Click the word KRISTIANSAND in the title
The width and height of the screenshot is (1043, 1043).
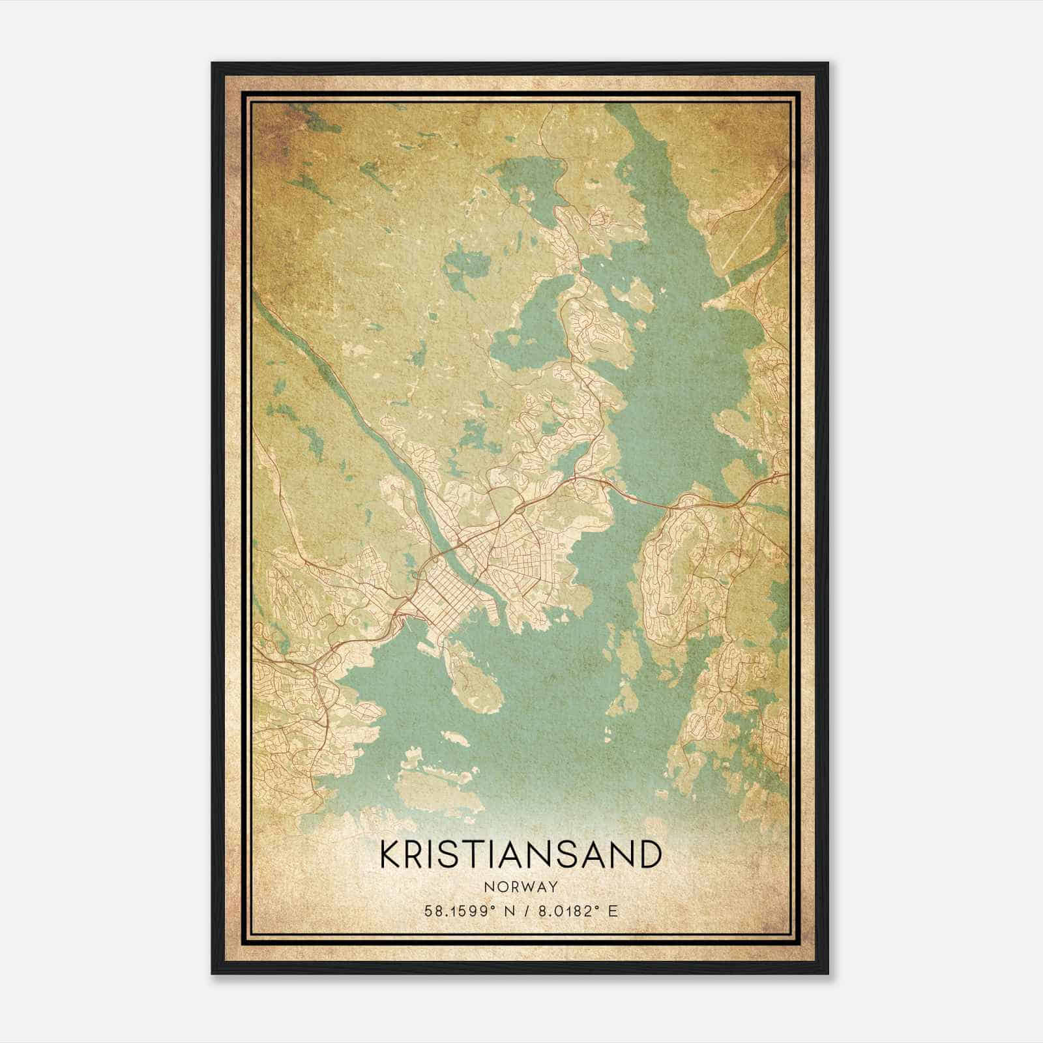tap(520, 855)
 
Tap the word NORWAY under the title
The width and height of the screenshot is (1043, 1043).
tap(520, 887)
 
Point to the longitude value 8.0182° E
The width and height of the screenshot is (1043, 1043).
tap(576, 911)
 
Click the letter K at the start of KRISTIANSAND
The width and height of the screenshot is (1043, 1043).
tap(389, 855)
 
